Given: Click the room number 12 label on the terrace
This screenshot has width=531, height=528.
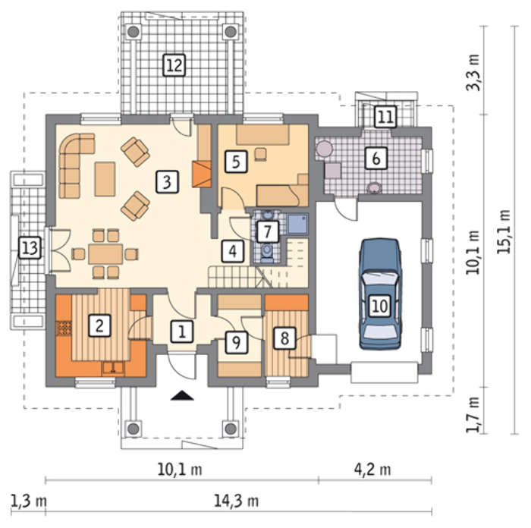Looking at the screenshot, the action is pyautogui.click(x=174, y=64).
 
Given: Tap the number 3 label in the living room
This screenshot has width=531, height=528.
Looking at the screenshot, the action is pyautogui.click(x=167, y=182).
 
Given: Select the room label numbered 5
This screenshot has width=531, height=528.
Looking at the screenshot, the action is pyautogui.click(x=236, y=162).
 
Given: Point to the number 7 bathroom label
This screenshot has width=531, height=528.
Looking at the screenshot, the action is pyautogui.click(x=268, y=231).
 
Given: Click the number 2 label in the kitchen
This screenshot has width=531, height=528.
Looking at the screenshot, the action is pyautogui.click(x=99, y=325).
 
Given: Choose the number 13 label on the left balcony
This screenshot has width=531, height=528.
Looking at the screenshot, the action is pyautogui.click(x=30, y=248).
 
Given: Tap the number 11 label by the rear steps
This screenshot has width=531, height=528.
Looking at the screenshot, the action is pyautogui.click(x=385, y=117).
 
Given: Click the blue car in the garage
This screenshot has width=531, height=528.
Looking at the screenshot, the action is pyautogui.click(x=380, y=294).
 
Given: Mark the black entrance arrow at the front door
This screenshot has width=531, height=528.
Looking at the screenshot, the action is pyautogui.click(x=182, y=395).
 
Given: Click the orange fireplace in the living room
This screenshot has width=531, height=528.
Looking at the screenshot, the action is pyautogui.click(x=202, y=174).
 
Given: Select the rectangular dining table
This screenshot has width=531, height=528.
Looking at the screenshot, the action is pyautogui.click(x=105, y=253).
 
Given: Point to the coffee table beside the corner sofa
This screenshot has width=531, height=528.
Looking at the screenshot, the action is pyautogui.click(x=105, y=179).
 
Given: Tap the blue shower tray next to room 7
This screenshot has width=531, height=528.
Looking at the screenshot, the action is pyautogui.click(x=297, y=224).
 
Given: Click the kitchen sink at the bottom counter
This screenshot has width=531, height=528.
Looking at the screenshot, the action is pyautogui.click(x=114, y=368).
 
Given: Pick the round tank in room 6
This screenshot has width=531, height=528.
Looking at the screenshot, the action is pyautogui.click(x=324, y=149).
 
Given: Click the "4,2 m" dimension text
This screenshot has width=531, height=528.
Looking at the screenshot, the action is pyautogui.click(x=372, y=470).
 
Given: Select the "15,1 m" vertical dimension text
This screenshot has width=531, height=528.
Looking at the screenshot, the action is pyautogui.click(x=504, y=231).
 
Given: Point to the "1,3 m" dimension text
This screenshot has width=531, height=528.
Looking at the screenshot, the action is pyautogui.click(x=29, y=501).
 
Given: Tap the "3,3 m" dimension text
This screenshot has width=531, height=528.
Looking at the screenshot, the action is pyautogui.click(x=473, y=72).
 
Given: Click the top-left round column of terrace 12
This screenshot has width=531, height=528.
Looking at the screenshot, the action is pyautogui.click(x=134, y=32).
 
